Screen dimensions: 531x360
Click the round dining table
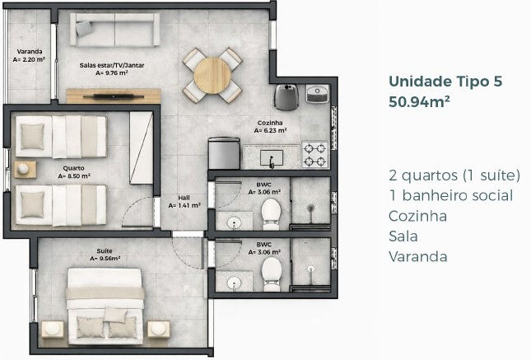tap(212, 75)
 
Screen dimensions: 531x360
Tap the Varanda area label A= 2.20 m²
tap(29, 59)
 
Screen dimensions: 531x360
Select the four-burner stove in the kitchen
tap(315, 154)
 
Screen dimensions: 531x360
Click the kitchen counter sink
tap(272, 157)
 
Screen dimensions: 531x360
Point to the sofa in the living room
tap(114, 30)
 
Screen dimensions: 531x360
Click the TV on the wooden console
tap(114, 96)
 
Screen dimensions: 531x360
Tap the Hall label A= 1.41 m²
tap(184, 205)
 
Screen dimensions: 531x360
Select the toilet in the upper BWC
tap(271, 214)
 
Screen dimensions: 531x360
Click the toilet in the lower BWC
tap(271, 274)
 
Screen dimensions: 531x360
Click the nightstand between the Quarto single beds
tap(25, 170)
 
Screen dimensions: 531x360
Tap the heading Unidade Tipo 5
tap(445, 82)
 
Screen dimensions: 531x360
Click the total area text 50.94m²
tap(419, 101)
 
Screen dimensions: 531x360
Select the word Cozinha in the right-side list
tap(417, 216)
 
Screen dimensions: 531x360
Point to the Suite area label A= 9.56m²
tap(105, 259)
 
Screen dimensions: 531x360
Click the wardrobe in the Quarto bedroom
tap(142, 147)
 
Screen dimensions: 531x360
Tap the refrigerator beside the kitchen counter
tap(224, 153)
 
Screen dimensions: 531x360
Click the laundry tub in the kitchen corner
tap(317, 94)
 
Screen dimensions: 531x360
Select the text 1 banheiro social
tap(451, 195)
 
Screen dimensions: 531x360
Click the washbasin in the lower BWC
tap(234, 282)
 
